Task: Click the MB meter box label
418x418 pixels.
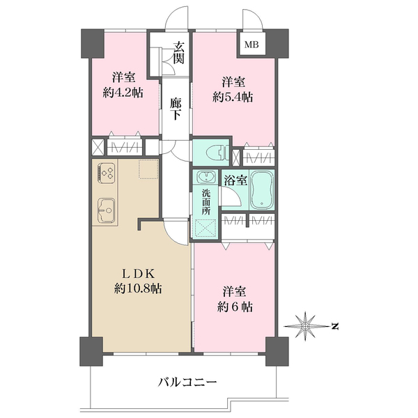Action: pyautogui.click(x=251, y=45)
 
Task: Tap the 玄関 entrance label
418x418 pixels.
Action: pyautogui.click(x=178, y=53)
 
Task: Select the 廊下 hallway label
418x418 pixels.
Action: pyautogui.click(x=176, y=109)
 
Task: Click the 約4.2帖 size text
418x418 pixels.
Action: pyautogui.click(x=123, y=93)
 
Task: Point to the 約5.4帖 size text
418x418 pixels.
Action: pyautogui.click(x=233, y=98)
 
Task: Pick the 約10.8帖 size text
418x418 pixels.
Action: pyautogui.click(x=138, y=288)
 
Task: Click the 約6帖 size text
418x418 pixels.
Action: pyautogui.click(x=235, y=307)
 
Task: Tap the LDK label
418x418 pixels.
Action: pyautogui.click(x=138, y=274)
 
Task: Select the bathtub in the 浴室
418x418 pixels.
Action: pyautogui.click(x=262, y=189)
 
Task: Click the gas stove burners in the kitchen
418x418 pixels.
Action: pyautogui.click(x=107, y=173)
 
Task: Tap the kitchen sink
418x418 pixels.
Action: pyautogui.click(x=107, y=210)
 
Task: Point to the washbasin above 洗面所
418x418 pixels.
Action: pyautogui.click(x=205, y=177)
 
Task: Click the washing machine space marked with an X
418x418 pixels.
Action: pyautogui.click(x=206, y=228)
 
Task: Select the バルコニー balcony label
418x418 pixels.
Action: pyautogui.click(x=187, y=382)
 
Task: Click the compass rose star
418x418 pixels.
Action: pyautogui.click(x=305, y=326)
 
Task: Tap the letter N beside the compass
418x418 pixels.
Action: pyautogui.click(x=335, y=326)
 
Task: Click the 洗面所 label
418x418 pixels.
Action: pyautogui.click(x=206, y=202)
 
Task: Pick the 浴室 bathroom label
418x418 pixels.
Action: pyautogui.click(x=235, y=180)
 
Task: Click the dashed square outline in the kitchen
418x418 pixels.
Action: pyautogui.click(x=148, y=169)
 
